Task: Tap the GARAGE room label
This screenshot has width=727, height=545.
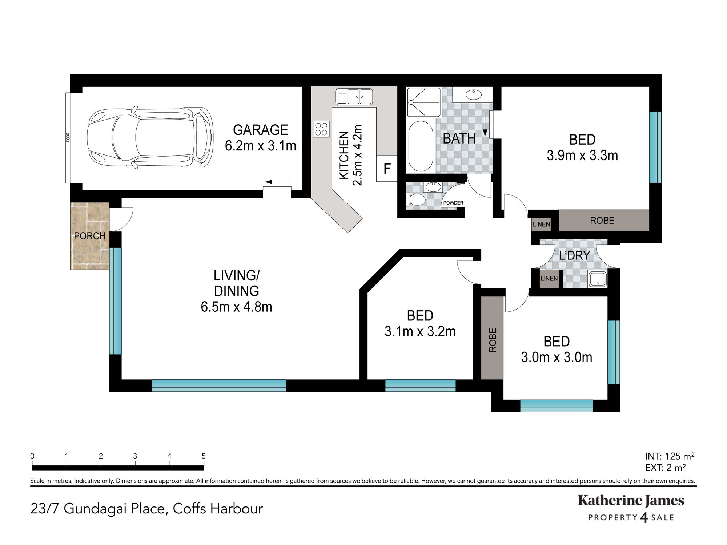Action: coord(261,130)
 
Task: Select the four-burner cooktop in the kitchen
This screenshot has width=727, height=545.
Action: coord(321,129)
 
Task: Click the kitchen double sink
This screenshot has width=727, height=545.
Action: coord(354,97)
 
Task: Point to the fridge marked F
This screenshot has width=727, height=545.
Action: coord(387,169)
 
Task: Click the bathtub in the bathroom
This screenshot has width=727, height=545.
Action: coord(421,146)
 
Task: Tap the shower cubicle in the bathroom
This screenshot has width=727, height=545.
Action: coord(424,102)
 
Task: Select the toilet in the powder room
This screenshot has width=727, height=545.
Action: coord(417,200)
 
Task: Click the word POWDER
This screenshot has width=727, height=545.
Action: coord(453,203)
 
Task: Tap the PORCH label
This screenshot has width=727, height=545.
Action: coord(90,236)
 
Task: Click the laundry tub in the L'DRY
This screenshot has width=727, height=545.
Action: coord(597,279)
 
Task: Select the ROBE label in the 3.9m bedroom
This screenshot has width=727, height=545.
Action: coord(602,220)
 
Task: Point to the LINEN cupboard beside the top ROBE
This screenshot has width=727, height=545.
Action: coord(541,224)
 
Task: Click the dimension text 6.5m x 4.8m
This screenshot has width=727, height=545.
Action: coord(236,307)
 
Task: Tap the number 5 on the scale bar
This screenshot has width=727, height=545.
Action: coord(204,456)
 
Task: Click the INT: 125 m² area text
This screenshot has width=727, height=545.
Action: coord(670,456)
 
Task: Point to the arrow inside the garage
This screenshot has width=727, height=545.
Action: coord(277,182)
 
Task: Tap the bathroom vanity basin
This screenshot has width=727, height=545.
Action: coord(474,95)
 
